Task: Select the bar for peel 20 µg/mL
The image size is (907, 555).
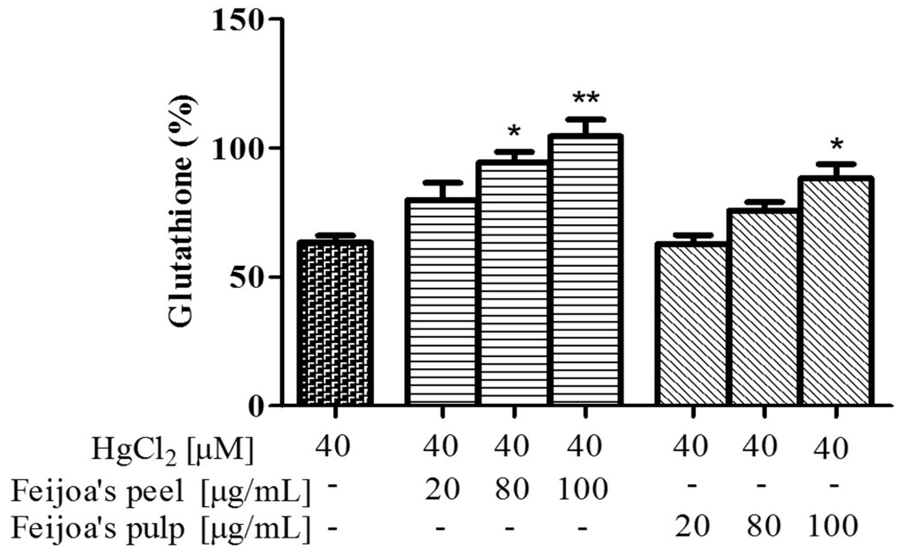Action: (x=442, y=302)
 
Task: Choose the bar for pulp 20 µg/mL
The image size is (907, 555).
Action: (x=692, y=324)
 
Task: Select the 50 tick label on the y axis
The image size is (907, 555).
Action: (x=249, y=277)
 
